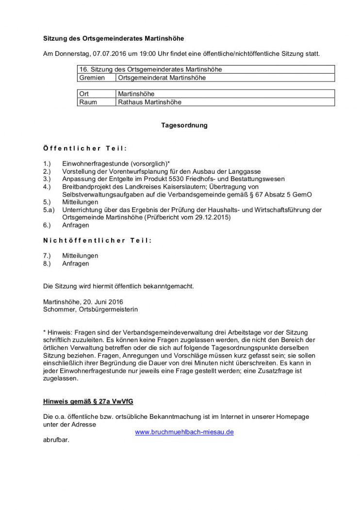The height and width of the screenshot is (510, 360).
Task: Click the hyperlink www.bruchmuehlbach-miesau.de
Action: [x=184, y=432]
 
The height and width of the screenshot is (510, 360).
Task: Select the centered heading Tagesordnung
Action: [x=184, y=125]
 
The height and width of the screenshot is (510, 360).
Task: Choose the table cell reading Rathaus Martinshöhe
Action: [x=149, y=102]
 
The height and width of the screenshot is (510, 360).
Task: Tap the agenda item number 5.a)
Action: [x=49, y=210]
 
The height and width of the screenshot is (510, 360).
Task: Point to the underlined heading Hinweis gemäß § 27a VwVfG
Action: [x=88, y=401]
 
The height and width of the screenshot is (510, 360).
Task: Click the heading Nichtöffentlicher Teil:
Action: [x=97, y=241]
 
